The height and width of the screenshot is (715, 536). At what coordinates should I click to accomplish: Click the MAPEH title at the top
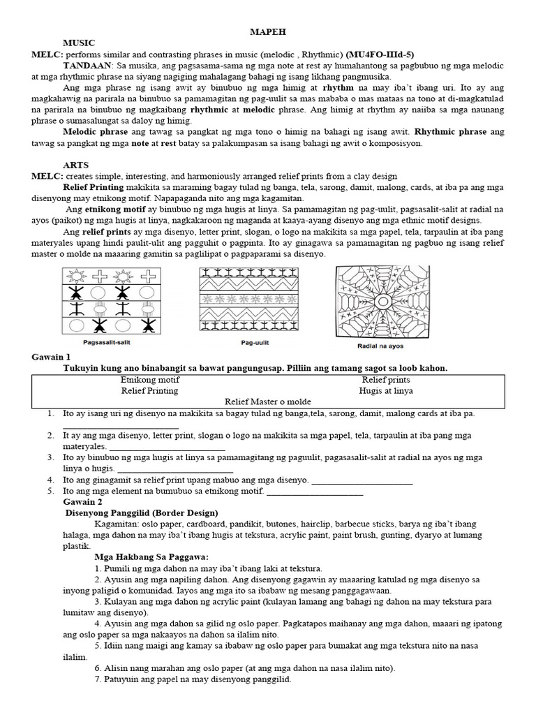point(268,31)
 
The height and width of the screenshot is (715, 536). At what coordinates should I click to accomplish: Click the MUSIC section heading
point(78,43)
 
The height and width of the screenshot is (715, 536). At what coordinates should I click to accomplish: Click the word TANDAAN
point(88,66)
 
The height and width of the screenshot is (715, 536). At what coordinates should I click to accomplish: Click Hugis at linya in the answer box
point(380,391)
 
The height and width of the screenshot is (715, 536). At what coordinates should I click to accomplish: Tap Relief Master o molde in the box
point(268,402)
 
